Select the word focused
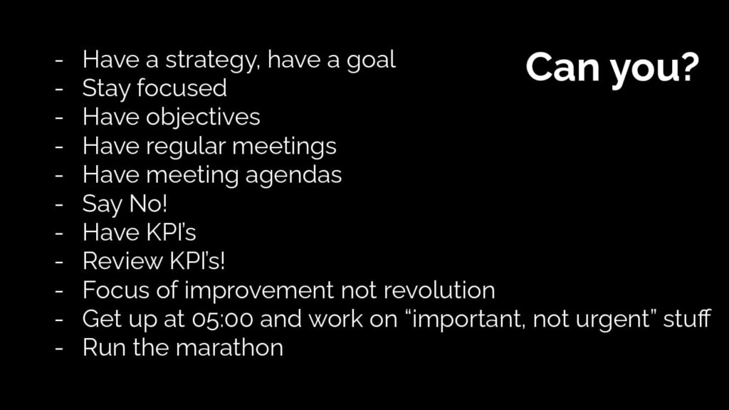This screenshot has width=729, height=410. coord(182,88)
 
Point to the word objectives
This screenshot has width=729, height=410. coord(203,117)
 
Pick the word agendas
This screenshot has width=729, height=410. coord(293,176)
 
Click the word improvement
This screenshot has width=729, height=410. coord(259,290)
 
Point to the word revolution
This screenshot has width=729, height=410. coord(439,290)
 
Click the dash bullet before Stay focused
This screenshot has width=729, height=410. coord(58,89)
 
